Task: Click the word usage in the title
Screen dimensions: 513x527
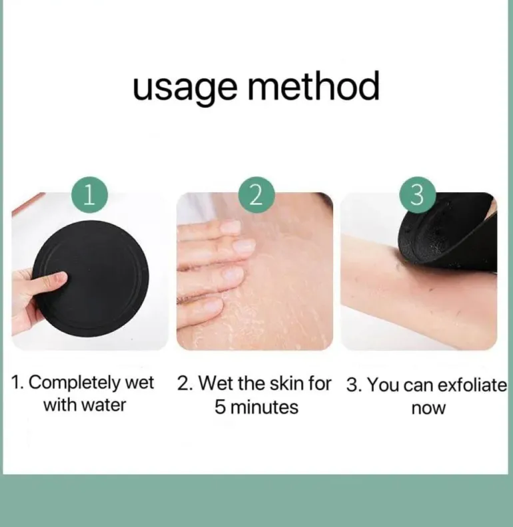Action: pyautogui.click(x=185, y=87)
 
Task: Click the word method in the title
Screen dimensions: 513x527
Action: pyautogui.click(x=314, y=85)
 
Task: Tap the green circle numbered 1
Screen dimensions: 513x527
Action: pyautogui.click(x=89, y=194)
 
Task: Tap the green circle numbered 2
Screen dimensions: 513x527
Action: pyautogui.click(x=256, y=195)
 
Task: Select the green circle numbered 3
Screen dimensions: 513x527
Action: pyautogui.click(x=418, y=195)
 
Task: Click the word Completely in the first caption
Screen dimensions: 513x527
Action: pyautogui.click(x=75, y=383)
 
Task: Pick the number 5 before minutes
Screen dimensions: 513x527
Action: pyautogui.click(x=219, y=407)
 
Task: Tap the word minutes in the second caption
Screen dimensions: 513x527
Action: pyautogui.click(x=264, y=407)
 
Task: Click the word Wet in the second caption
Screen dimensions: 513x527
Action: pyautogui.click(x=217, y=383)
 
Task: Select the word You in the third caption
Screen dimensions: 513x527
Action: pyautogui.click(x=383, y=385)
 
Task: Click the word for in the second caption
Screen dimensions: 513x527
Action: pyautogui.click(x=319, y=383)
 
